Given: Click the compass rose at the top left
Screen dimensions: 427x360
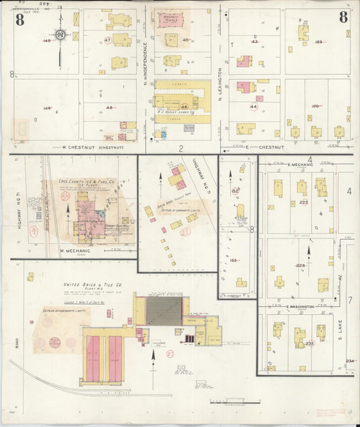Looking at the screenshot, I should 60,35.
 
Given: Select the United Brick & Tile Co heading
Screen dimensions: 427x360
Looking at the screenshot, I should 92,285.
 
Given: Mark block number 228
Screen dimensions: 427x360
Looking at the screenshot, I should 301,266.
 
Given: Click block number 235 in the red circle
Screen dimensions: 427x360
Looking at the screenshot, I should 309,343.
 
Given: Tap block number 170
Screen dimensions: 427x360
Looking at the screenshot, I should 315,106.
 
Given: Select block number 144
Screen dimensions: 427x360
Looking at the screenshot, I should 47,108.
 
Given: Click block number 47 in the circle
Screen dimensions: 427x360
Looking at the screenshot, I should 108,41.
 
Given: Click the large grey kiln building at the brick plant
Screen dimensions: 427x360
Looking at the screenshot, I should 164,310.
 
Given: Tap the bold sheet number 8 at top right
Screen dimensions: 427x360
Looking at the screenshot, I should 343,17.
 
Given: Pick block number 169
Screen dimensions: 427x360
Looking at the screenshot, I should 318,42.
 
